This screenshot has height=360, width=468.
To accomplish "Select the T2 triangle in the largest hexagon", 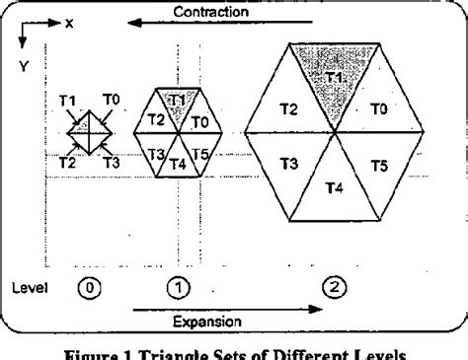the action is pos(288,107).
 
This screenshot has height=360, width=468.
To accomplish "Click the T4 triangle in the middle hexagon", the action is pos(179,163).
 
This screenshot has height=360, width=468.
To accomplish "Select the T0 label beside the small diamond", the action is pos(111,99).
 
